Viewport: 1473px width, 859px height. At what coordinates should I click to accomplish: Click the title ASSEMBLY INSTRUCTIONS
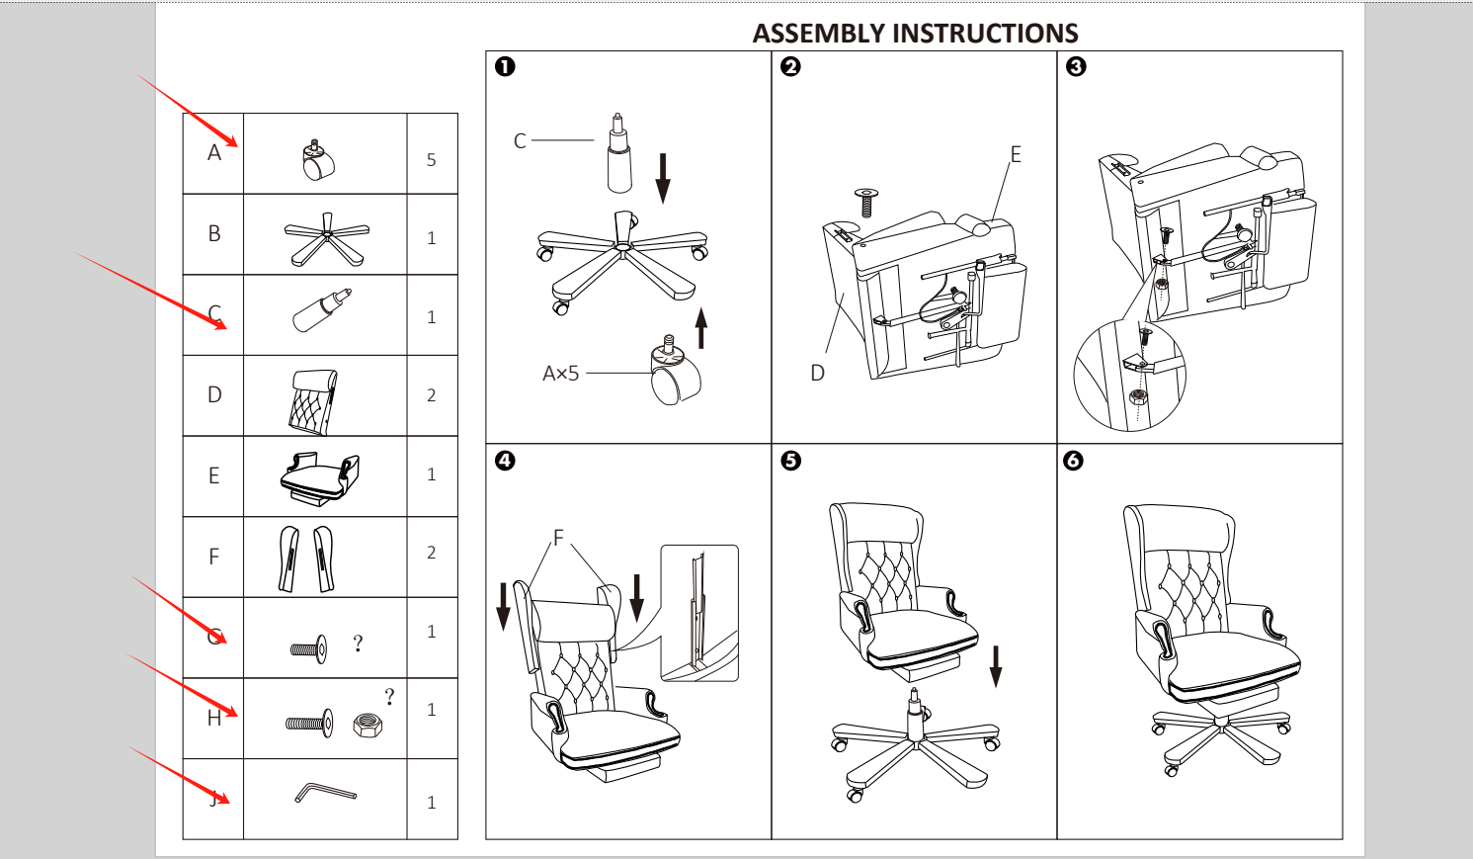pos(915,33)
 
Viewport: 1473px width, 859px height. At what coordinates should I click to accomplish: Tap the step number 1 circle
pos(505,66)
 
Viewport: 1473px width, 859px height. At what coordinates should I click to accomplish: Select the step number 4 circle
pos(505,461)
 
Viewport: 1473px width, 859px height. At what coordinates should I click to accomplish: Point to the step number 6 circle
pos(1074,461)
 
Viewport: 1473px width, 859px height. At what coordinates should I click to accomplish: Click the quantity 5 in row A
pos(431,159)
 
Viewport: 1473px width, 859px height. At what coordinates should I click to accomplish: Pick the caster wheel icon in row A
pos(318,160)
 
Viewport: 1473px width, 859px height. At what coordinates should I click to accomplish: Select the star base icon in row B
pos(326,238)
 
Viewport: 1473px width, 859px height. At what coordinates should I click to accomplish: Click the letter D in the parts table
pos(214,394)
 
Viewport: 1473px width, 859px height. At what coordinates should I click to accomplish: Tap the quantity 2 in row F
pos(431,553)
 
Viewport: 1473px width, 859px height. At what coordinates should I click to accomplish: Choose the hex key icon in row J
pos(325,793)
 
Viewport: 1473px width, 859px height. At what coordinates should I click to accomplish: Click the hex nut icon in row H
pos(368,726)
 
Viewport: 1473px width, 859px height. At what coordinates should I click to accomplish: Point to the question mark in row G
pos(358,644)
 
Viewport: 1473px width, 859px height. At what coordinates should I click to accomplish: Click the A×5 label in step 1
pos(560,374)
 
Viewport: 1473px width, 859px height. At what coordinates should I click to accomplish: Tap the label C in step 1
pos(520,141)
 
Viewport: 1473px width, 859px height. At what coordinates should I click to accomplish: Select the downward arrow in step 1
pos(663,178)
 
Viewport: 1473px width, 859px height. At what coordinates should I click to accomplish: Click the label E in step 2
pos(1015,154)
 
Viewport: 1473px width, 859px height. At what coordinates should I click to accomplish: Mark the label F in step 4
pos(558,538)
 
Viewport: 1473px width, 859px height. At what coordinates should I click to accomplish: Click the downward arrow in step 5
pos(996,665)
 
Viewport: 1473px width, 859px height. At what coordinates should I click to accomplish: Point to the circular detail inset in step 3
pos(1129,377)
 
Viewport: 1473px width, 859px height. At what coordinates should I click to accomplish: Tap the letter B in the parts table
pos(214,234)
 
